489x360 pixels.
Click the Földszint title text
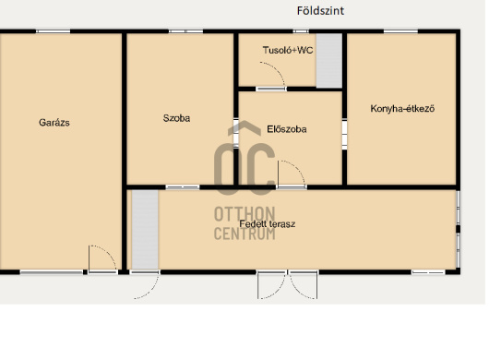tap(320, 11)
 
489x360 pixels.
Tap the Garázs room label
tap(54, 122)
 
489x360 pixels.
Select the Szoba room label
tap(176, 118)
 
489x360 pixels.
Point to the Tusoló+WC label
tap(288, 50)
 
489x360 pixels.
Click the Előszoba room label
tap(287, 129)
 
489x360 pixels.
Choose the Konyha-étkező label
tap(402, 109)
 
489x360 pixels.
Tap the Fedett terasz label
tap(268, 223)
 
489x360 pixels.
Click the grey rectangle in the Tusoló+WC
tap(329, 61)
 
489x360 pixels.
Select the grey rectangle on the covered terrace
tap(145, 230)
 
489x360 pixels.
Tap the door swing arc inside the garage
tap(109, 252)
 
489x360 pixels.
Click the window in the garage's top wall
tap(53, 31)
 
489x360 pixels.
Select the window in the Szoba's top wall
tap(185, 31)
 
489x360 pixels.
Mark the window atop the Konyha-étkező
tap(400, 31)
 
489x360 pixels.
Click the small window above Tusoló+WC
tap(301, 31)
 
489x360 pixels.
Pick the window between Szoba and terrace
tap(183, 187)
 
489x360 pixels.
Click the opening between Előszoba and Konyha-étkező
tap(344, 135)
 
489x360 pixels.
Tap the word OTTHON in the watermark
tap(244, 214)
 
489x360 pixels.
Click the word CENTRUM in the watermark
tap(244, 234)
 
